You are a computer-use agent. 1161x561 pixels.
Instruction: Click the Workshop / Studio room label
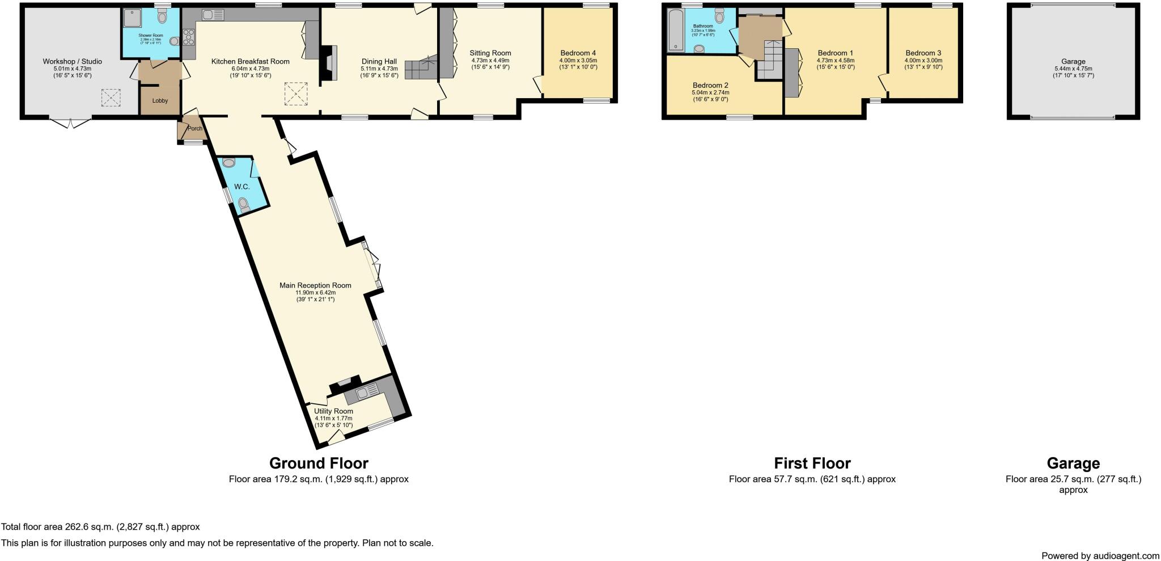pyautogui.click(x=72, y=61)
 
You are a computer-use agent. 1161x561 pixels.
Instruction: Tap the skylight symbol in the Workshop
pyautogui.click(x=111, y=98)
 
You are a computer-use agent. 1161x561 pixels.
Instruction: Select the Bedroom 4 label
pyautogui.click(x=578, y=53)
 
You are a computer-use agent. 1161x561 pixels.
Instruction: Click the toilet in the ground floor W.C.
pyautogui.click(x=244, y=204)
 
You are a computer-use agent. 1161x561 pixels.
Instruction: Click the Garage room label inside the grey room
pyautogui.click(x=1073, y=61)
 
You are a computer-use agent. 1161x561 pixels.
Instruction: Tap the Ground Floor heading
pyautogui.click(x=319, y=463)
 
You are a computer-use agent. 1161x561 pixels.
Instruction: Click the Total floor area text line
pyautogui.click(x=100, y=527)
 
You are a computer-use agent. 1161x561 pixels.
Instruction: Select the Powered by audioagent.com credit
pyautogui.click(x=1100, y=555)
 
